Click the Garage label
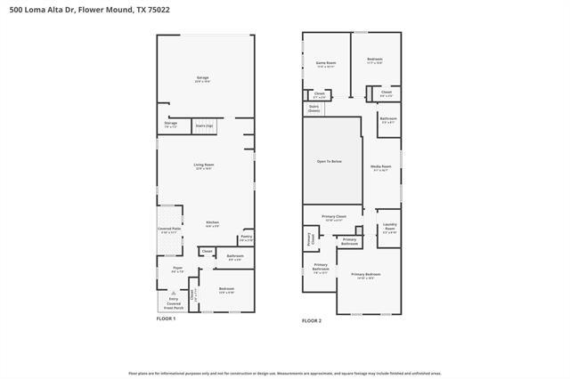click(x=203, y=79)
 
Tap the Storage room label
click(x=170, y=125)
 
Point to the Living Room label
click(x=204, y=166)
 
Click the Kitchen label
click(x=212, y=224)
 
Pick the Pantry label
click(x=246, y=238)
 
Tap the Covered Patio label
click(x=168, y=230)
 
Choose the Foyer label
click(x=178, y=270)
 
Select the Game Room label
click(x=325, y=64)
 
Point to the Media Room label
click(x=381, y=168)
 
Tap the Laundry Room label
click(x=389, y=229)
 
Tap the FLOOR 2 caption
click(x=312, y=320)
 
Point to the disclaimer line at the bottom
click(x=285, y=374)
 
